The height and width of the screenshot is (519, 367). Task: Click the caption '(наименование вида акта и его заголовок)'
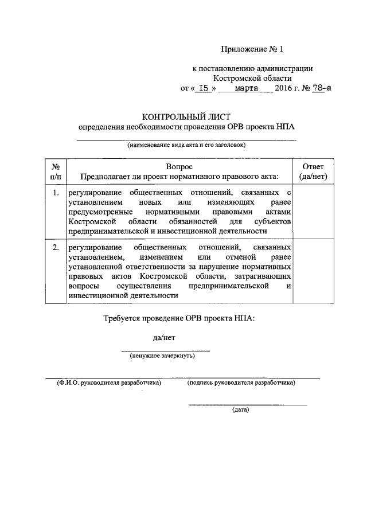pos(186,145)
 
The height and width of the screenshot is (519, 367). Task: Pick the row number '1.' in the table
pos(56,193)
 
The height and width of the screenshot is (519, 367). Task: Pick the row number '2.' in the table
pos(56,248)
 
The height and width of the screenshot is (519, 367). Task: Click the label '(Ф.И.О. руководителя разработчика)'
pos(106,382)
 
